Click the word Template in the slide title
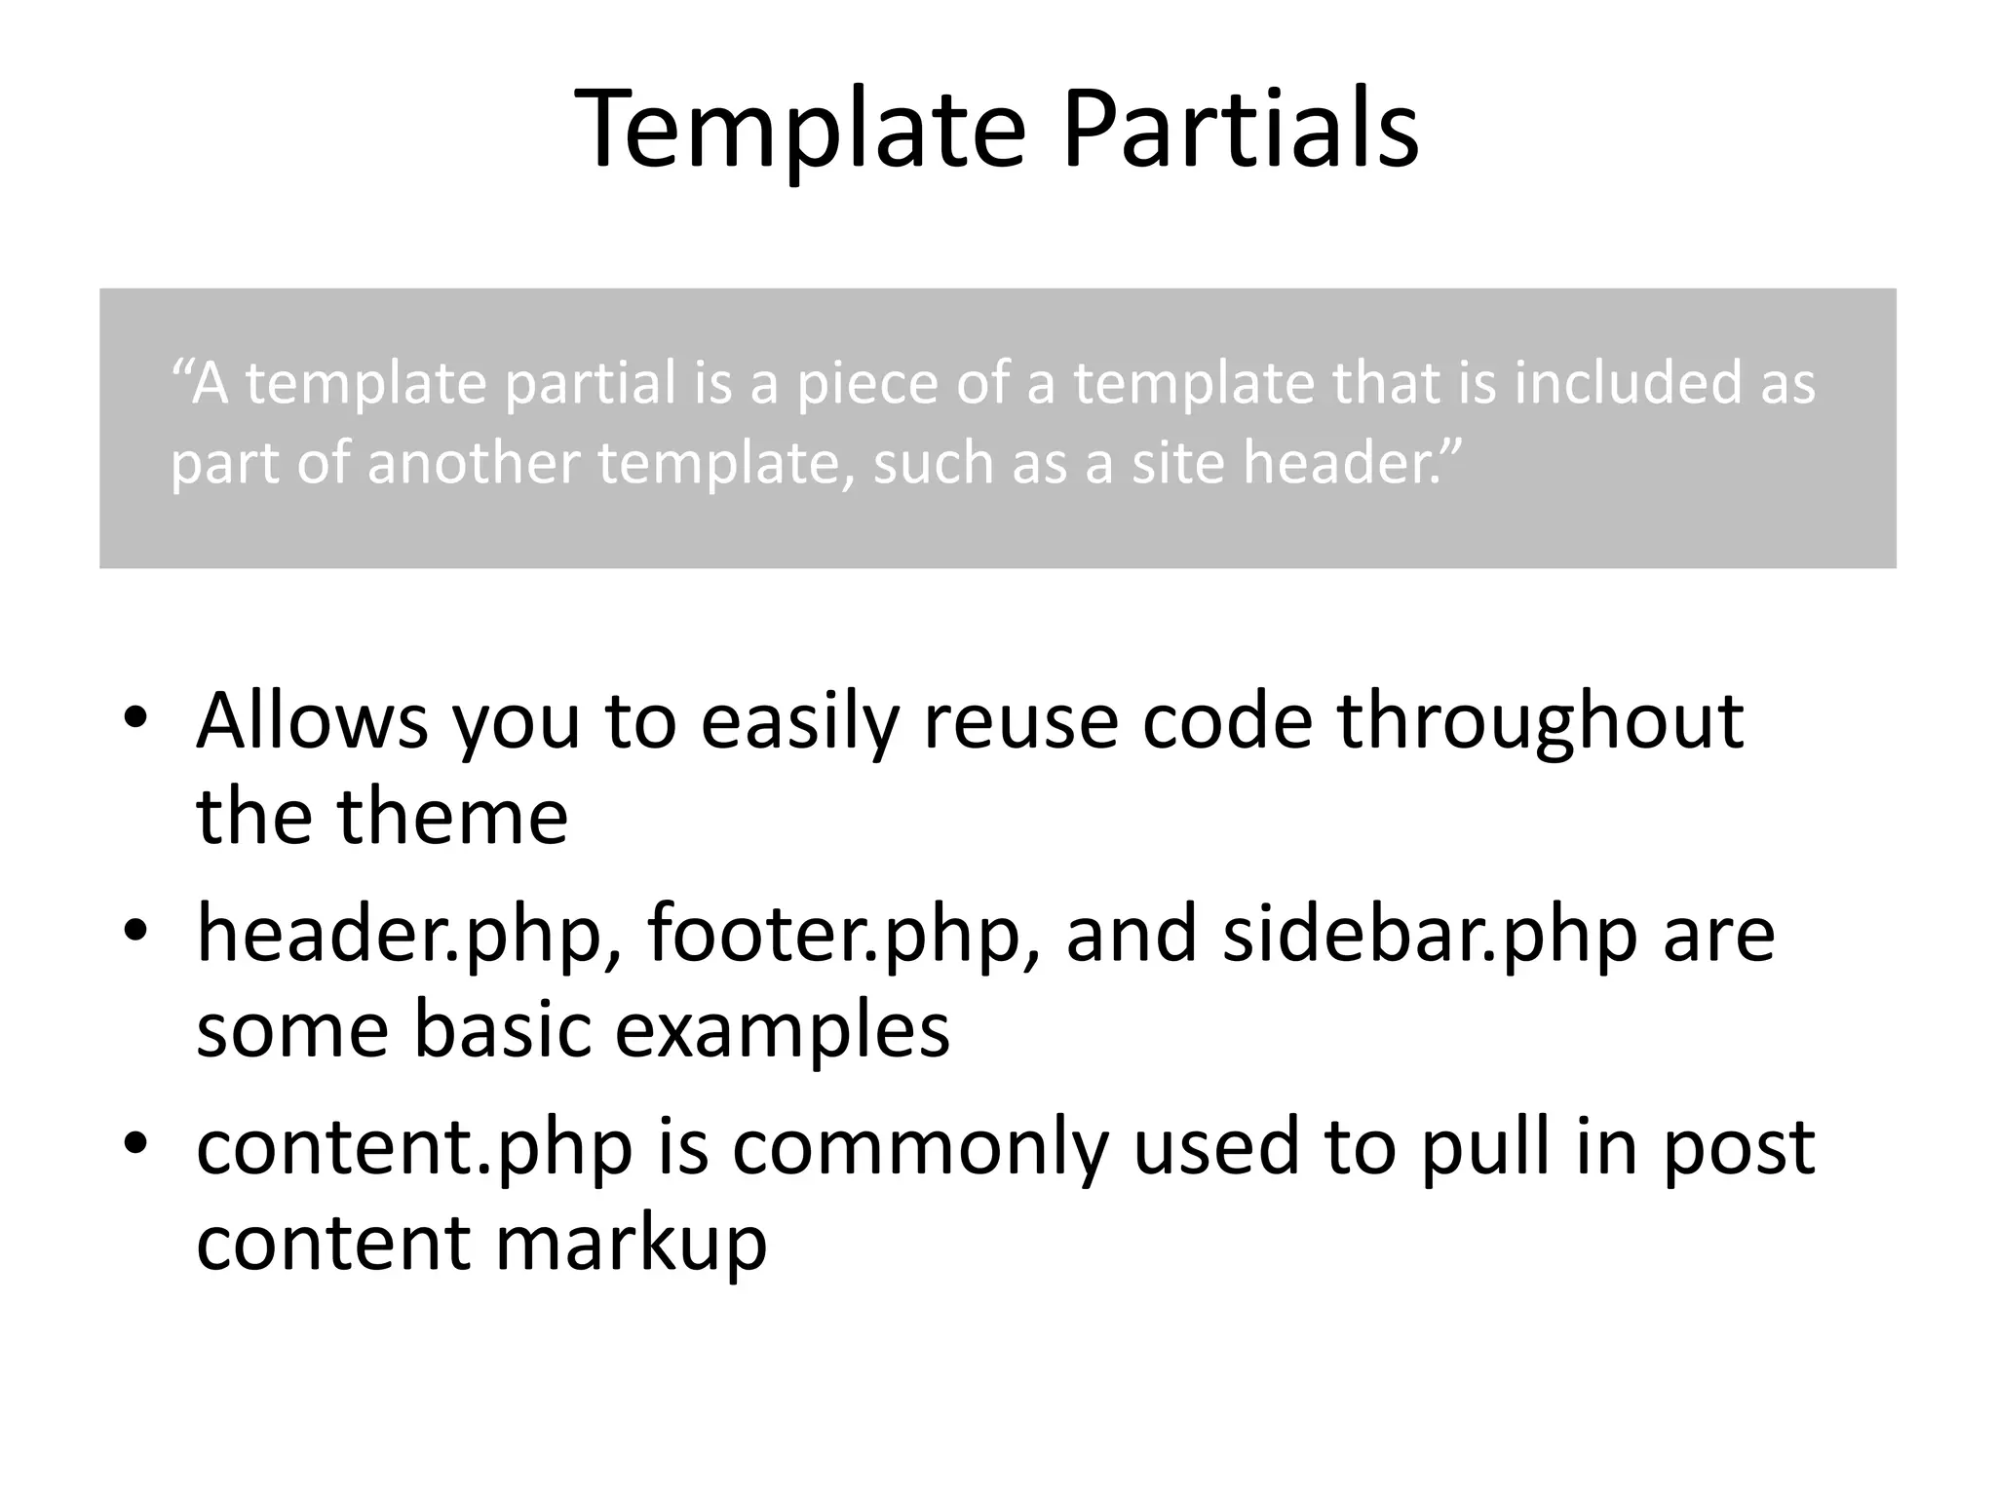[x=800, y=130]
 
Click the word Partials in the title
[x=1240, y=130]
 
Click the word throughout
[x=1539, y=722]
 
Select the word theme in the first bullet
[x=452, y=816]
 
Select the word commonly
[x=920, y=1148]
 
